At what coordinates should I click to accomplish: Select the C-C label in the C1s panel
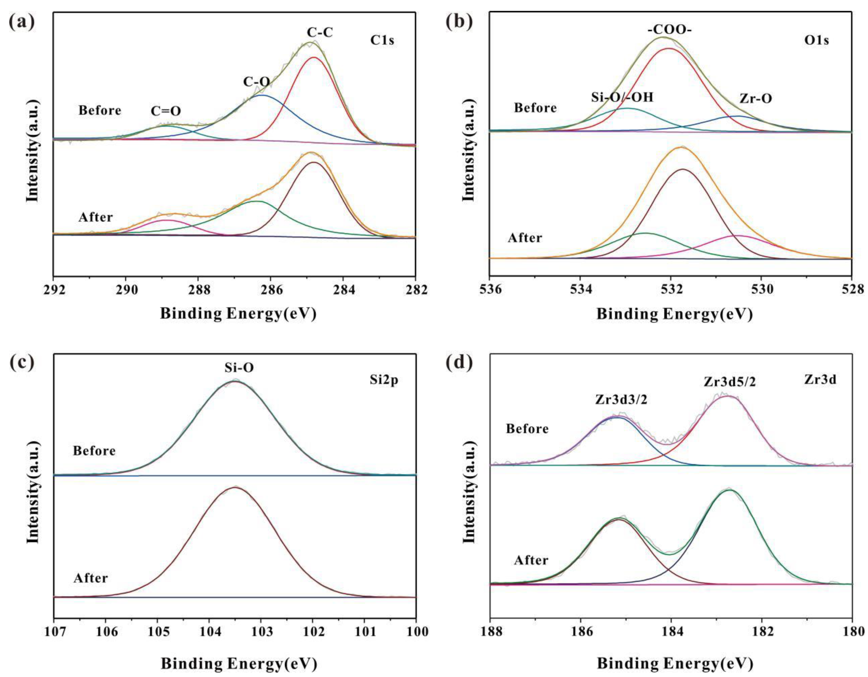tap(319, 33)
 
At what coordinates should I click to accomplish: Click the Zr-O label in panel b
tap(756, 99)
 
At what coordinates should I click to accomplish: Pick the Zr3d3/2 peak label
tap(621, 400)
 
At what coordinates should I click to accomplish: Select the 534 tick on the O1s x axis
tap(580, 290)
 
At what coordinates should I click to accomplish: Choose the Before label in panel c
tap(94, 451)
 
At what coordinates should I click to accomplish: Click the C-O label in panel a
tap(256, 82)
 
